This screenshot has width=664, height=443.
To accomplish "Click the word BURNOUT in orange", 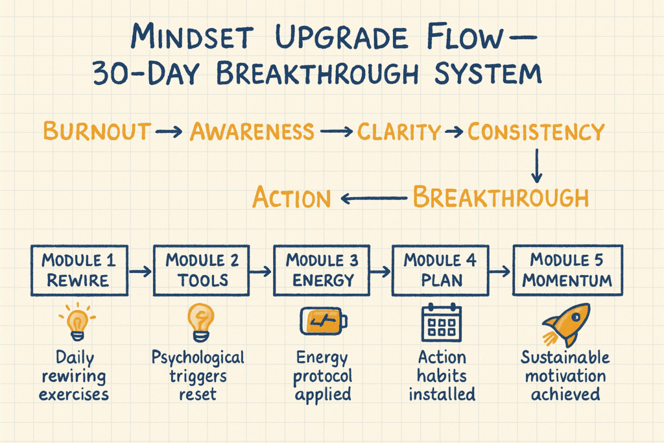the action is [x=97, y=131].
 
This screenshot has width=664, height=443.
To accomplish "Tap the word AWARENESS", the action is [x=252, y=131].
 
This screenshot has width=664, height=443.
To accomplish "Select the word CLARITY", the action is [x=399, y=132].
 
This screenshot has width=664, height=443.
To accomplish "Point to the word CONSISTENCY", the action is [x=536, y=132].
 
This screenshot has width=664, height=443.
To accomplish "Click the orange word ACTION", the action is [x=291, y=197].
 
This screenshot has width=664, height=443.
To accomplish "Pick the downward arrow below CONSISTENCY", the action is [x=536, y=165].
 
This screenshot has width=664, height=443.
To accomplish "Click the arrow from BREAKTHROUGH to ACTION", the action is [x=374, y=198].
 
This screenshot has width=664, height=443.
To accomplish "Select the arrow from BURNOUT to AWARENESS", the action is [x=169, y=132].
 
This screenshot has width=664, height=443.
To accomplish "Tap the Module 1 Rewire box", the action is [x=80, y=270].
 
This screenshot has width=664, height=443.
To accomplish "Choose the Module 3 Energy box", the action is [x=322, y=270].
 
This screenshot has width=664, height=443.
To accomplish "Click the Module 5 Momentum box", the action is [x=568, y=270].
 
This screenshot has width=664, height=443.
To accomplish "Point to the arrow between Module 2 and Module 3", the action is [x=261, y=271].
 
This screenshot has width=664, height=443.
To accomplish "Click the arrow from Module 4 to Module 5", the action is [x=500, y=271].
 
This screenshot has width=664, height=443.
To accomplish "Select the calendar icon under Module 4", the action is [x=442, y=322].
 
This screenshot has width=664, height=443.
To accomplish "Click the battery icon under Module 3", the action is [x=324, y=321].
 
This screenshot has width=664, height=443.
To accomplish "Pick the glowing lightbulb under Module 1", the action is [x=78, y=322].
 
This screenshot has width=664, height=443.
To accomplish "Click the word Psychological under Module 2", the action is [x=198, y=358].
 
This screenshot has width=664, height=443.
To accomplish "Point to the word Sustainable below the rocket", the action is [x=565, y=357].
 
